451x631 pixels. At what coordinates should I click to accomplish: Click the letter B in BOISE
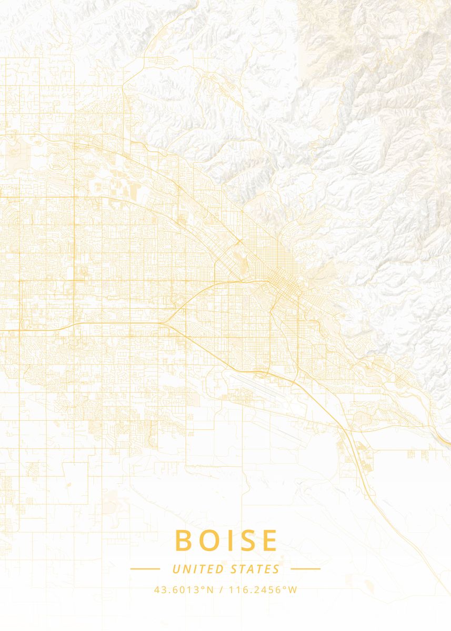point(184,541)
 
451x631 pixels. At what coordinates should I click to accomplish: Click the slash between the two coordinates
point(220,590)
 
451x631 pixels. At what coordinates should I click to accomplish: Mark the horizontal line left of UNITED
point(145,568)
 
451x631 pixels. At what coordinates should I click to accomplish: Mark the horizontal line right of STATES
point(305,568)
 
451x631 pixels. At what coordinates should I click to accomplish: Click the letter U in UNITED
point(176,569)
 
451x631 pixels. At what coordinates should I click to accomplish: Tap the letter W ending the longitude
point(293,590)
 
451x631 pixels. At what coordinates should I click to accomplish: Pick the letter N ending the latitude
point(210,590)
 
